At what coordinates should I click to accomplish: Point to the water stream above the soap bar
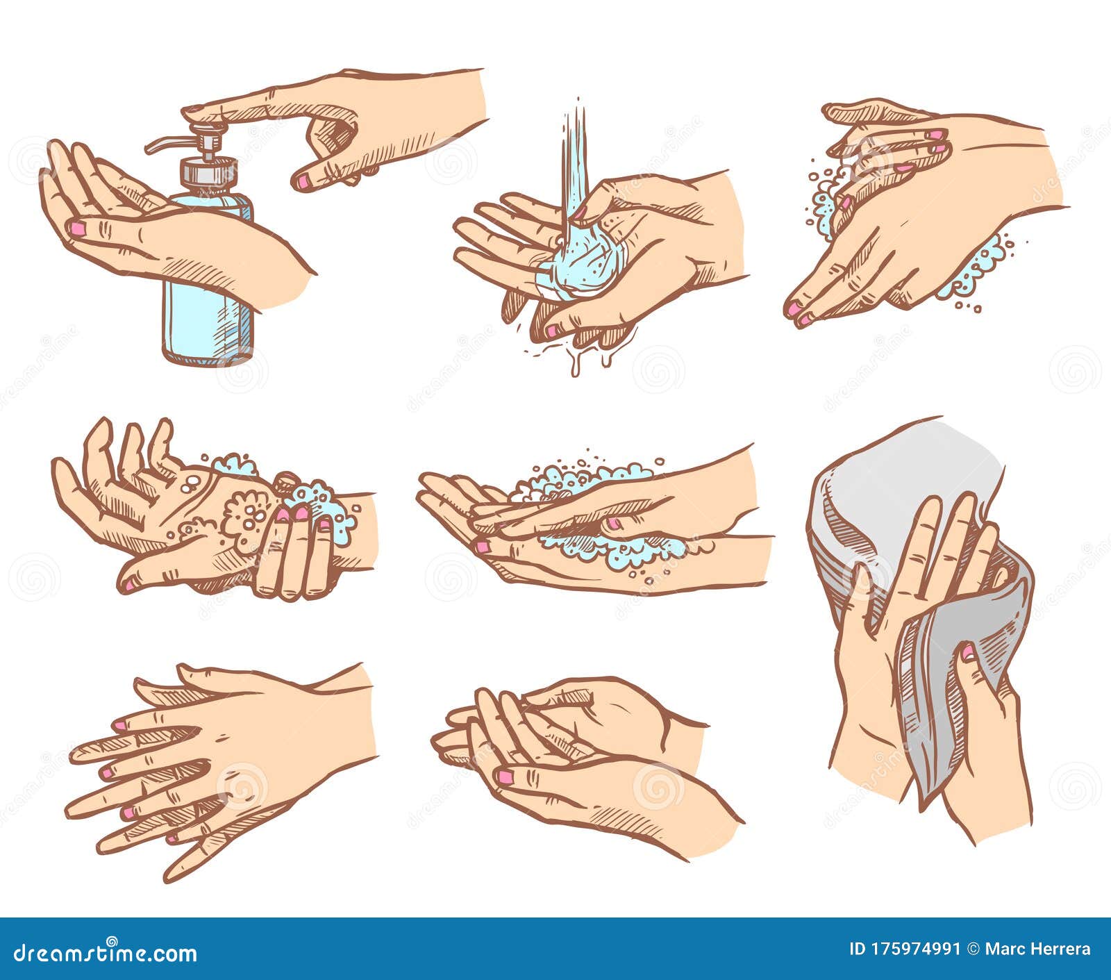(574, 160)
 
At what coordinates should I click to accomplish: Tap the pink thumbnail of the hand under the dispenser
(78, 228)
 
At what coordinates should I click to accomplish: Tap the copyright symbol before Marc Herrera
(974, 949)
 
